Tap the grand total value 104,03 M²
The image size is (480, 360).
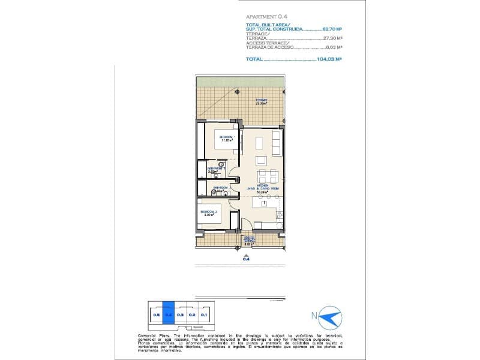click(x=329, y=59)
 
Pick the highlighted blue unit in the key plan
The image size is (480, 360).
click(x=169, y=313)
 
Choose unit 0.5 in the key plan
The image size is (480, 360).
click(x=156, y=313)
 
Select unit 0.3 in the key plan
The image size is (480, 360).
click(x=180, y=313)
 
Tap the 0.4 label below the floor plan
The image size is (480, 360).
click(x=245, y=259)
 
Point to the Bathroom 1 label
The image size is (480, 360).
click(x=215, y=170)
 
